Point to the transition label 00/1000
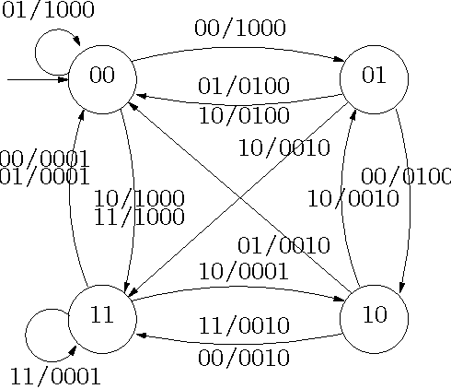(239, 29)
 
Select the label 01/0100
(244, 88)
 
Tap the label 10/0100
(244, 116)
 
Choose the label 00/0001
(44, 159)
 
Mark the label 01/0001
(44, 178)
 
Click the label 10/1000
(139, 198)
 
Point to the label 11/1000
(139, 218)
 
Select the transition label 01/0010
(283, 246)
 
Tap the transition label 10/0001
(243, 271)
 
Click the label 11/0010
(244, 326)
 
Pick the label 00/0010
(244, 357)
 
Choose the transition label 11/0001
(55, 376)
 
